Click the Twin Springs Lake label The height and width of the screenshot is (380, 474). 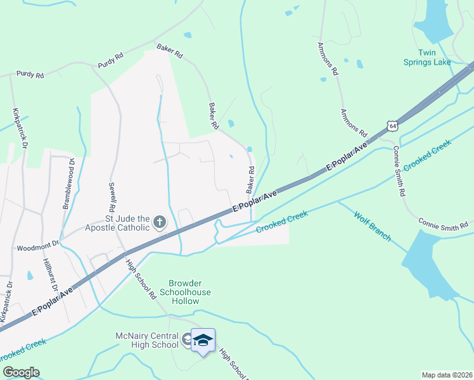[x=434, y=57]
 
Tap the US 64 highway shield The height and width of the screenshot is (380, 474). [x=394, y=127]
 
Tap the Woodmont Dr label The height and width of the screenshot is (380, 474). [x=37, y=247]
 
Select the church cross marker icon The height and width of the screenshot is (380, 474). [x=160, y=222]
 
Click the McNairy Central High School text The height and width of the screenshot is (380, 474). [x=146, y=340]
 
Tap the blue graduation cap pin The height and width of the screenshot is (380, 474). [x=203, y=341]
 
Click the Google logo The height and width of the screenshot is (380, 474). [x=20, y=372]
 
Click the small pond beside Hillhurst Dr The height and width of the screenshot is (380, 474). [x=30, y=275]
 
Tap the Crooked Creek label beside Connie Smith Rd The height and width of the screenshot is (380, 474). [x=427, y=155]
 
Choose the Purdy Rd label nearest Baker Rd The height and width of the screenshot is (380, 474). [x=110, y=61]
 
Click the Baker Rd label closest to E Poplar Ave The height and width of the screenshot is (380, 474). [x=250, y=180]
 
